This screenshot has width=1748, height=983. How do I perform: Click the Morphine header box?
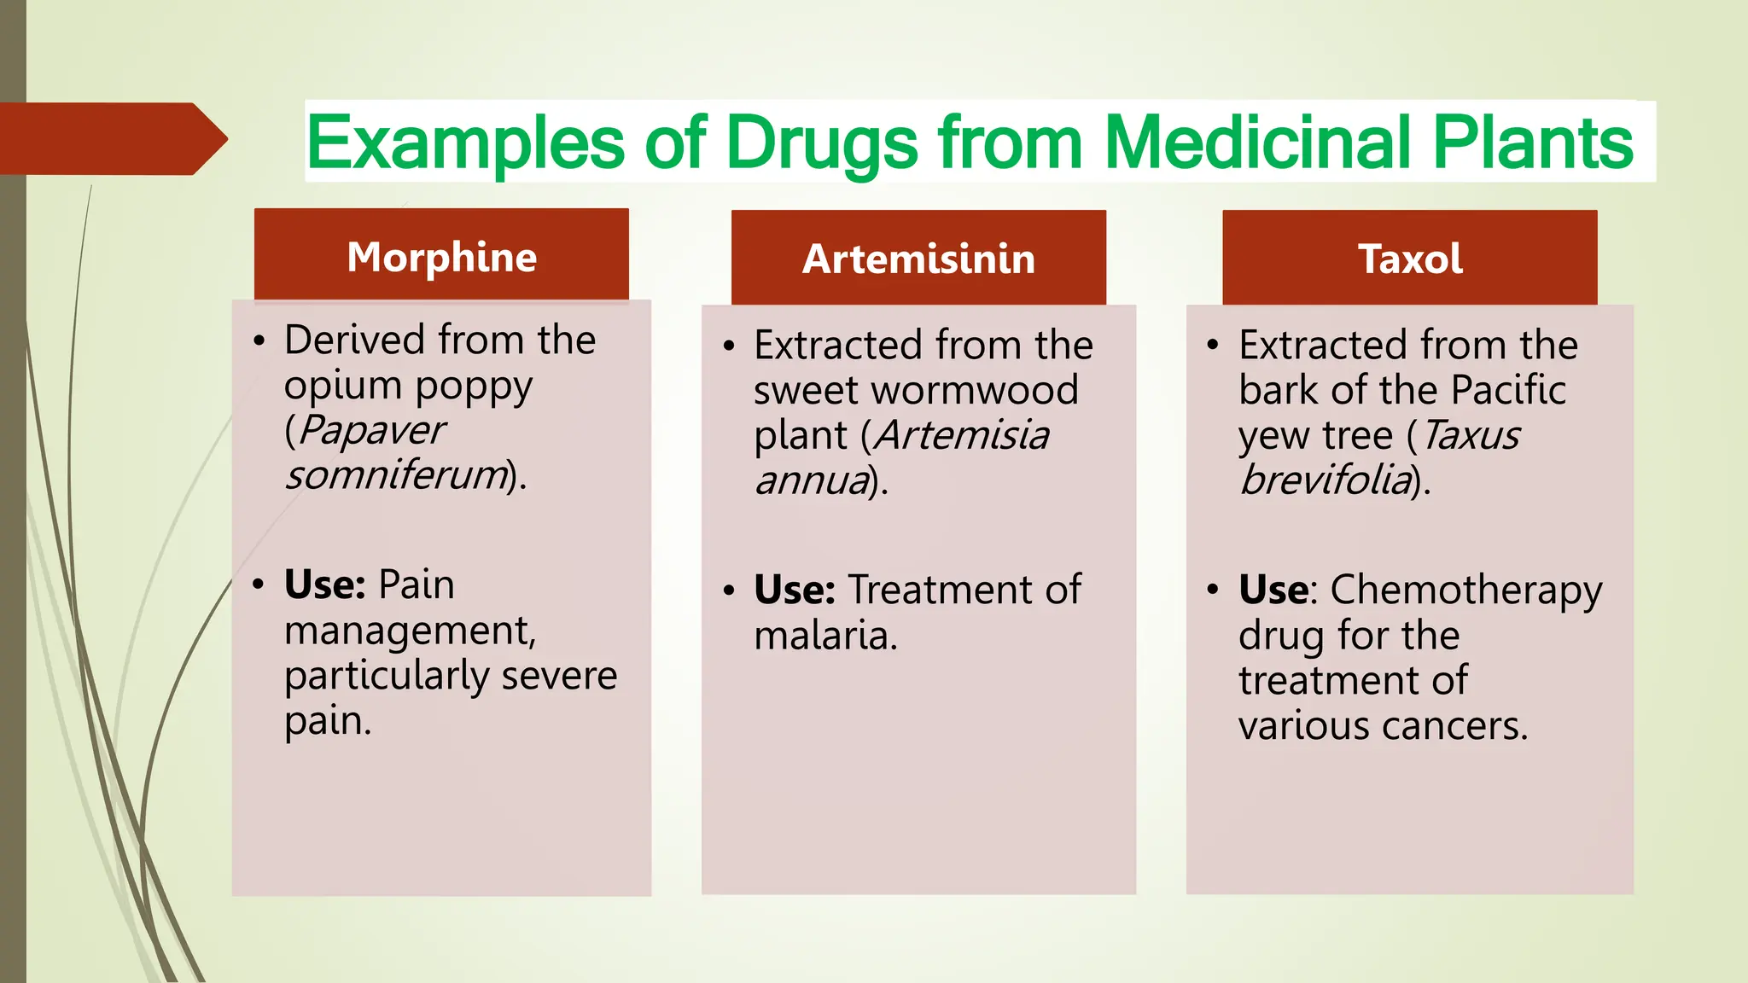click(x=441, y=255)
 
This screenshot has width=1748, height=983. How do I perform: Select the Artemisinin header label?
click(x=918, y=259)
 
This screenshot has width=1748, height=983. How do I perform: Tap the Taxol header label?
click(x=1410, y=259)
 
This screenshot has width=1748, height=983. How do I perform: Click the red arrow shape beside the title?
click(x=111, y=138)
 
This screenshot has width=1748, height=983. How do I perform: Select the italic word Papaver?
click(x=372, y=429)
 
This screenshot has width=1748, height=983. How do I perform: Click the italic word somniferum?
click(x=396, y=474)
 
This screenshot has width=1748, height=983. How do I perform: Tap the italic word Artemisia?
click(x=963, y=435)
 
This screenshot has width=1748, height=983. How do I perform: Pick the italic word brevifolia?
click(x=1326, y=480)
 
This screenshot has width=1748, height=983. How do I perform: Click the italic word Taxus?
click(x=1471, y=435)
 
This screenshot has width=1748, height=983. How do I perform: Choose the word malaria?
click(x=824, y=636)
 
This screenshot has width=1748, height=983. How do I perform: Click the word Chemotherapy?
click(x=1465, y=590)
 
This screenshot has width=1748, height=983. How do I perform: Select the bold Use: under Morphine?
click(x=324, y=585)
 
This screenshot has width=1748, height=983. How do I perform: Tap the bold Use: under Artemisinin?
click(x=794, y=590)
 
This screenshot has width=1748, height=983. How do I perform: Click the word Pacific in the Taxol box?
click(x=1508, y=390)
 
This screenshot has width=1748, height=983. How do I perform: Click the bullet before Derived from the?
click(x=259, y=341)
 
